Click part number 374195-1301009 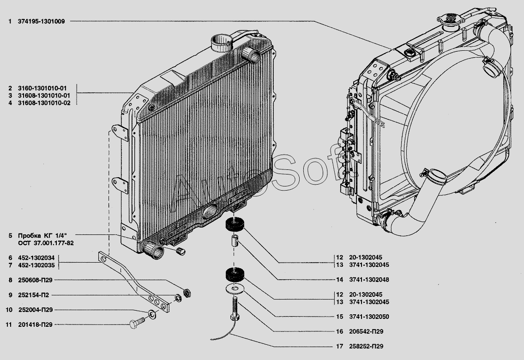click(41, 21)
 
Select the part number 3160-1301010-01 click(42, 89)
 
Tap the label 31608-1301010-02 click(44, 103)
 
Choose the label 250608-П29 click(35, 280)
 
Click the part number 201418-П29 click(35, 324)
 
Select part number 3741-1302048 click(369, 280)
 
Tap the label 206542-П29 click(366, 331)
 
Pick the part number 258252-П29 click(366, 346)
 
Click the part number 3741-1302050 click(369, 317)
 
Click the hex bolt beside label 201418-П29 click(136, 323)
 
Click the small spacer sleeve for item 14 click(235, 241)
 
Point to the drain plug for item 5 click(181, 252)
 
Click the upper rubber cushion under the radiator click(235, 225)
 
